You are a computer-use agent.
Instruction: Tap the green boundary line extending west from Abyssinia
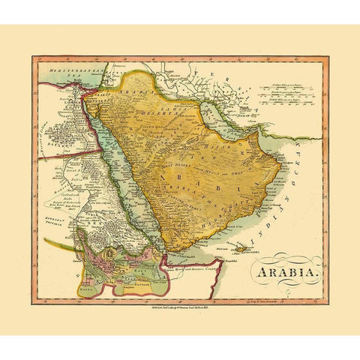coord(60,244)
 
